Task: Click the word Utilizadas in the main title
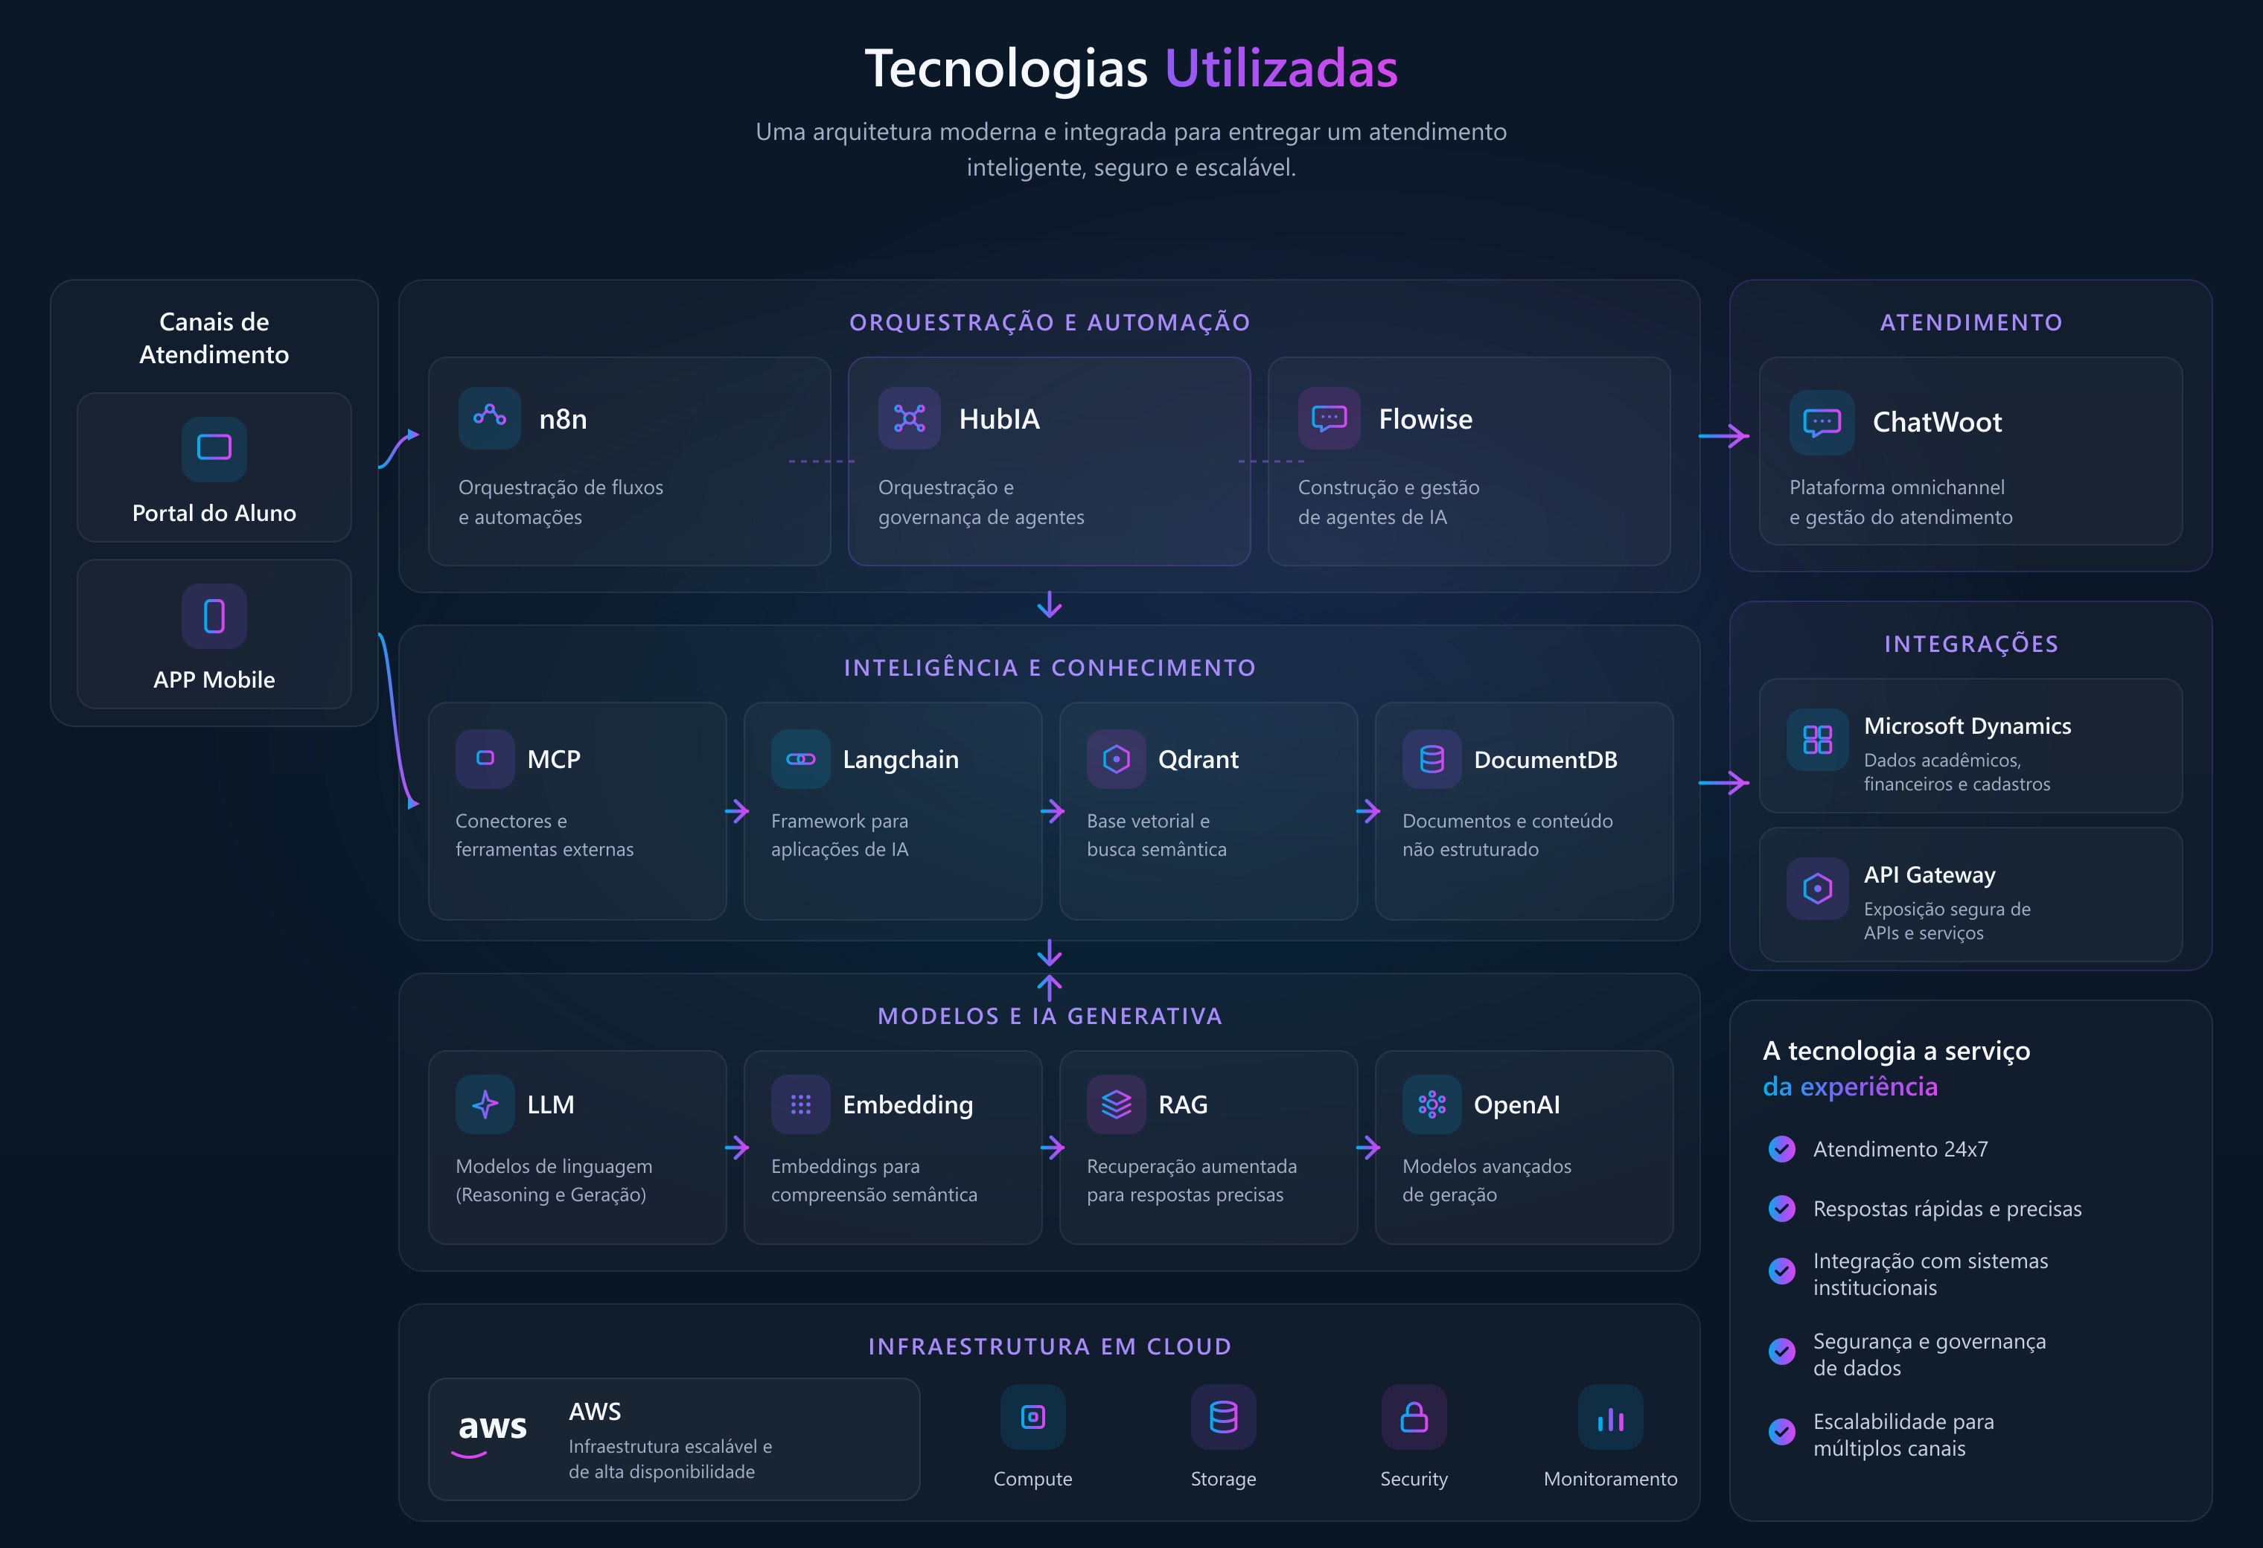coord(1280,68)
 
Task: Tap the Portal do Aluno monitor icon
coord(214,448)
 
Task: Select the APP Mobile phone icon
coord(214,615)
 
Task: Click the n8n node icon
coord(490,418)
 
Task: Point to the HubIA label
coord(999,419)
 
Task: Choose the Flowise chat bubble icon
coord(1330,418)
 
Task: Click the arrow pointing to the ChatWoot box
coord(1723,435)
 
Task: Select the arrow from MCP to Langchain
coord(737,811)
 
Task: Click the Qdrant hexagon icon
coord(1116,758)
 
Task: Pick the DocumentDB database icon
coord(1431,758)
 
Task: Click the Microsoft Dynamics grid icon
coord(1817,739)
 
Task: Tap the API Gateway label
coord(1929,874)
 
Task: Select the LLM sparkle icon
coord(485,1104)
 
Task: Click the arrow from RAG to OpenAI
coord(1368,1148)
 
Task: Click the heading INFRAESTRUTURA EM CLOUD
coord(1050,1346)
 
